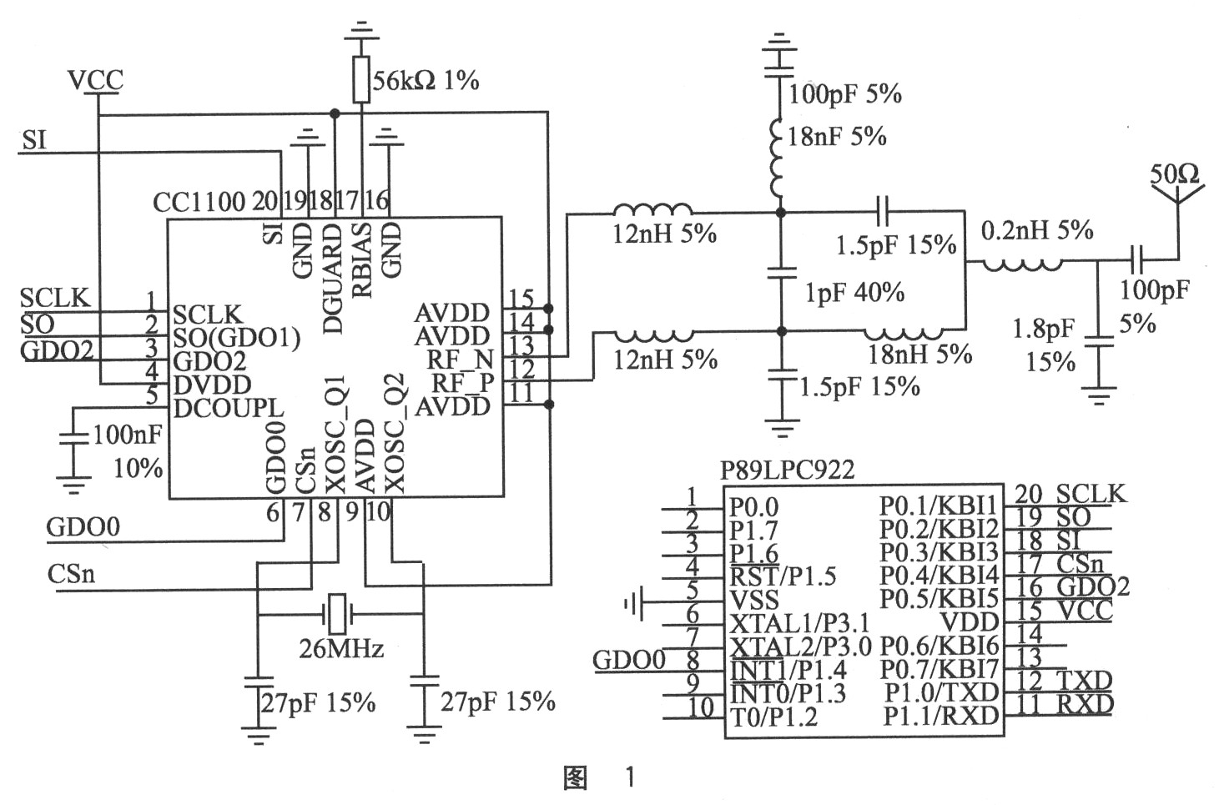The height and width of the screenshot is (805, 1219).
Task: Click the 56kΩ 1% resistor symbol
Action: pos(361,79)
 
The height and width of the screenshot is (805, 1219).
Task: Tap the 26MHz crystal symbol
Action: pos(337,614)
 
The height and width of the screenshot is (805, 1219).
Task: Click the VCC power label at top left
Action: pos(96,80)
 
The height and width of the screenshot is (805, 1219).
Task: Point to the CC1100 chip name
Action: pos(199,203)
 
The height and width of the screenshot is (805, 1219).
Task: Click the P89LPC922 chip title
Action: pos(787,470)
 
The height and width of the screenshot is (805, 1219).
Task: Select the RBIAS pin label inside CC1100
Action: pos(362,260)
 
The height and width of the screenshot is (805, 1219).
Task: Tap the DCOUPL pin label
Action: pos(229,409)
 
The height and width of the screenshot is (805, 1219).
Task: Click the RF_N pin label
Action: pos(460,360)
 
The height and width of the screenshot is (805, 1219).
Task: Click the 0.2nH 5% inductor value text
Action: pos(1037,230)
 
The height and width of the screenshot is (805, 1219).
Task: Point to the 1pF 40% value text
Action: pos(854,293)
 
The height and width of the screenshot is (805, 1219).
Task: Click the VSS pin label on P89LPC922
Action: pos(753,600)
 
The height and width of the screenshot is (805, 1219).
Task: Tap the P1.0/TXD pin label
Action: pos(941,692)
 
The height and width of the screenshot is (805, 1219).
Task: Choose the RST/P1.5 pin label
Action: pos(783,576)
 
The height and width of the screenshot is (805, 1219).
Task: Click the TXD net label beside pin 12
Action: pos(1084,681)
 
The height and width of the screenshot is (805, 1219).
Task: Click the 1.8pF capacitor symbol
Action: pos(1098,341)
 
